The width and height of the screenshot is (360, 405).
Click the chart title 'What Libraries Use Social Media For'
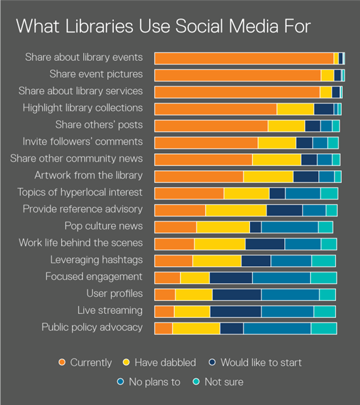click(x=163, y=26)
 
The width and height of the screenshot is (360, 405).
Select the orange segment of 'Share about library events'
click(x=243, y=58)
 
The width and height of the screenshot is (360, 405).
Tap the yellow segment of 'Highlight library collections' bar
click(x=295, y=109)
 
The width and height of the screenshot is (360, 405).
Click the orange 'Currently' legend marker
click(x=62, y=362)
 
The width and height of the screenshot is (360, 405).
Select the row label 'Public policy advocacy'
click(x=92, y=327)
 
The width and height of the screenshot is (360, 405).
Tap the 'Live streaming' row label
click(x=110, y=310)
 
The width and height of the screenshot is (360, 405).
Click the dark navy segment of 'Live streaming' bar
click(x=236, y=311)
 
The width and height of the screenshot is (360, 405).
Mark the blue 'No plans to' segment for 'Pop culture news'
click(x=289, y=227)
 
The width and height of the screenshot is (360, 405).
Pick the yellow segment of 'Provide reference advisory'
click(x=236, y=210)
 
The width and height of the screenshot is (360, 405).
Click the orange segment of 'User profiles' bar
click(x=165, y=294)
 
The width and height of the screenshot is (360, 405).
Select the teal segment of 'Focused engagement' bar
click(x=323, y=277)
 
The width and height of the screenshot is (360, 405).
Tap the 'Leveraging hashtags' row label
click(x=96, y=260)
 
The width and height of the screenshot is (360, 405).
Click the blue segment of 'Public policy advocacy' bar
click(x=277, y=328)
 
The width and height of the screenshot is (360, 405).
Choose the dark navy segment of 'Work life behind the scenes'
click(x=264, y=244)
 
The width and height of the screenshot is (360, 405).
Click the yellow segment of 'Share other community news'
click(x=276, y=160)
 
